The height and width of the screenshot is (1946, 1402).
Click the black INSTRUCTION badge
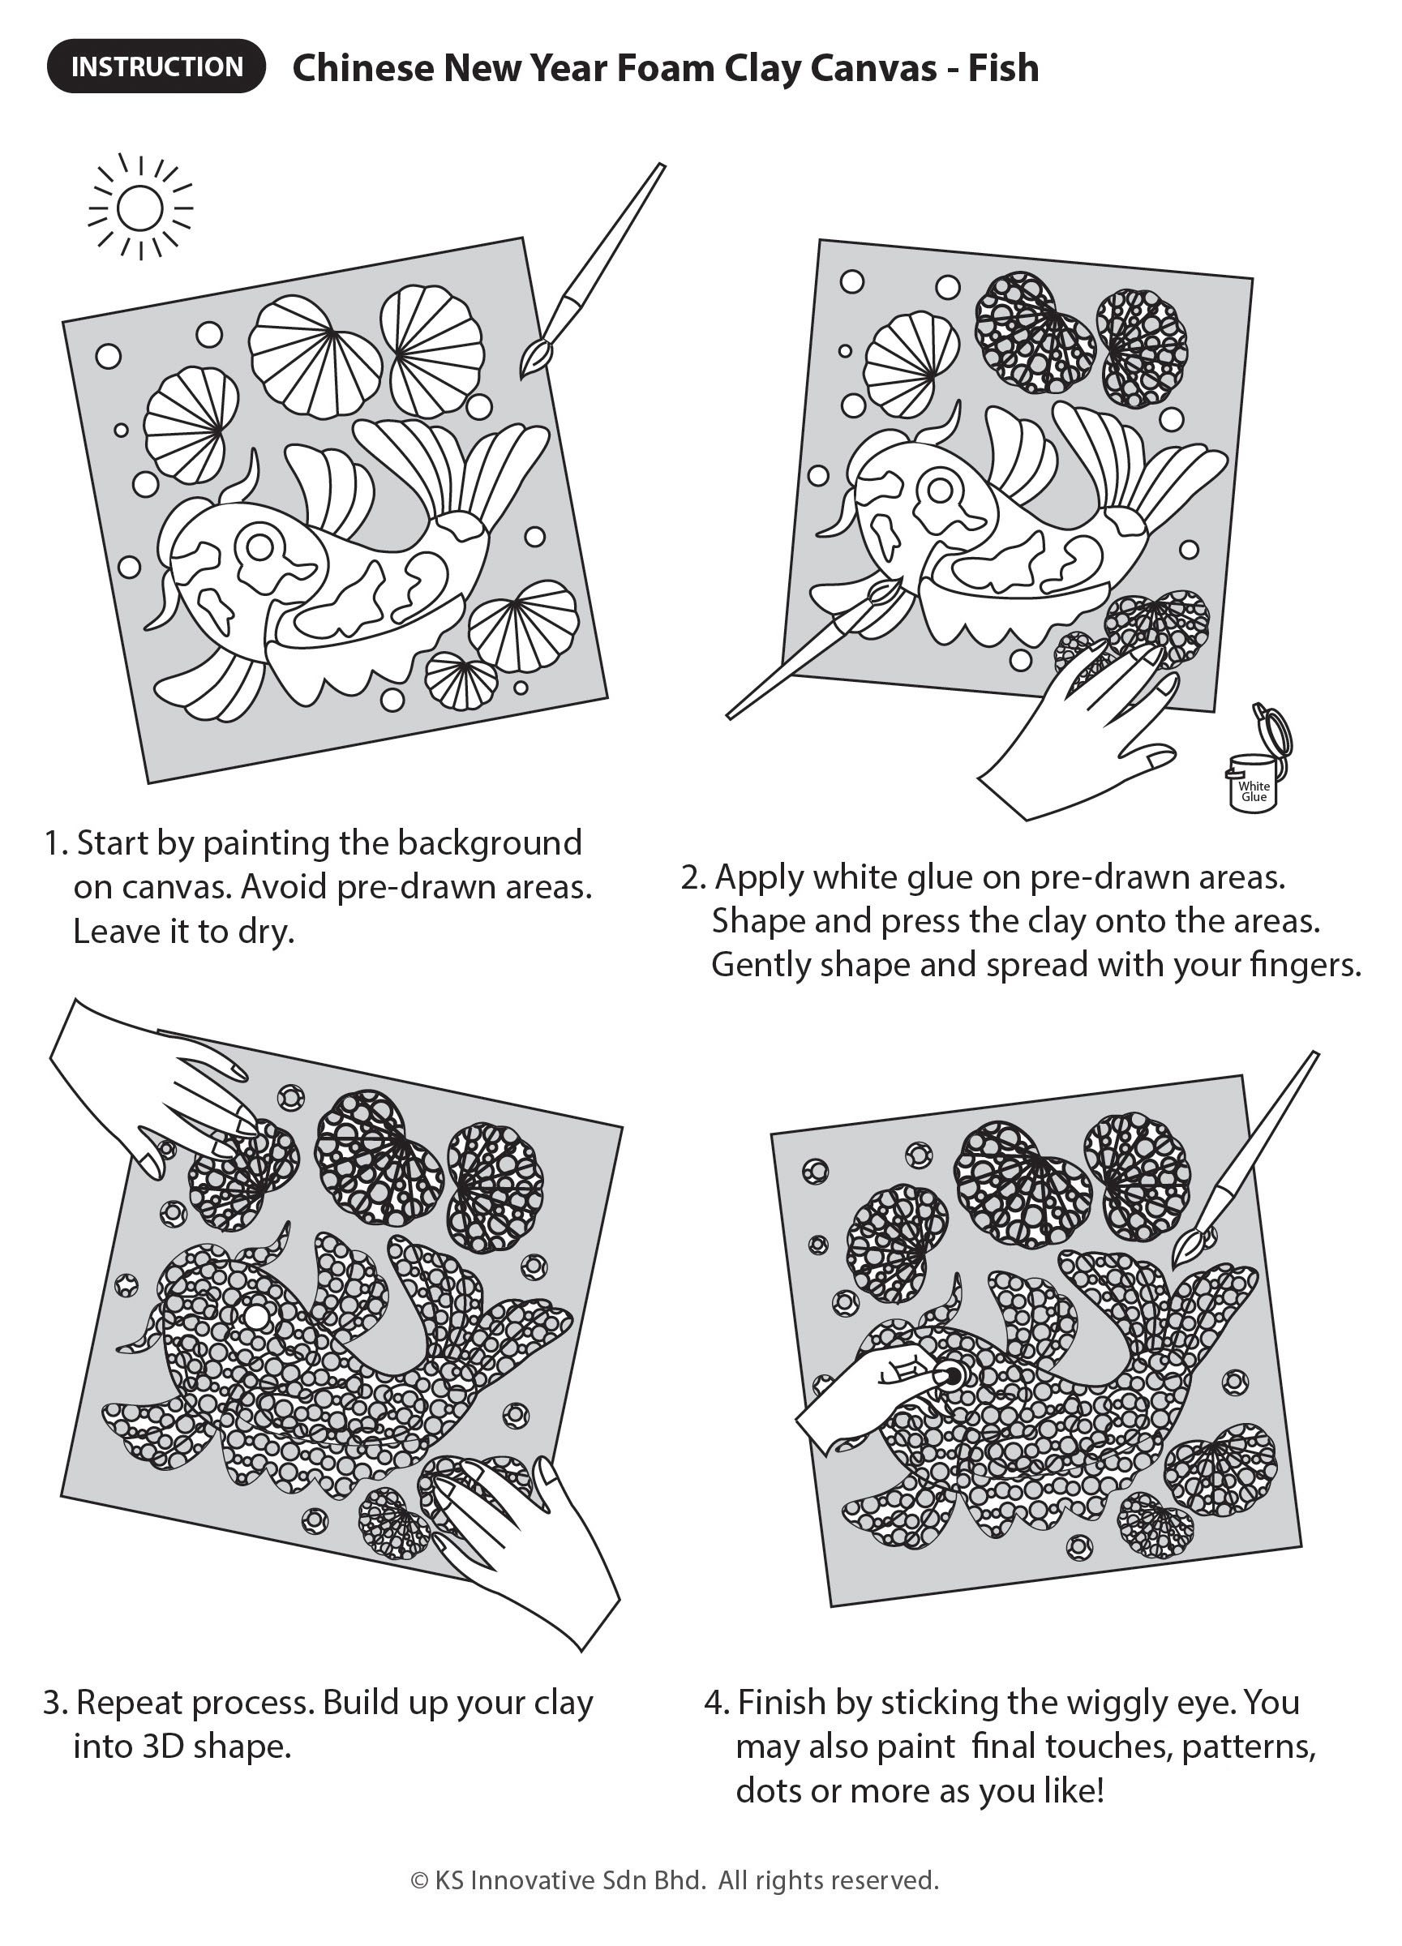156,66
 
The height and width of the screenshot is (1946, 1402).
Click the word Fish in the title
1003,68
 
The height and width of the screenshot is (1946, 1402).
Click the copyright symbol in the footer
419,1881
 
